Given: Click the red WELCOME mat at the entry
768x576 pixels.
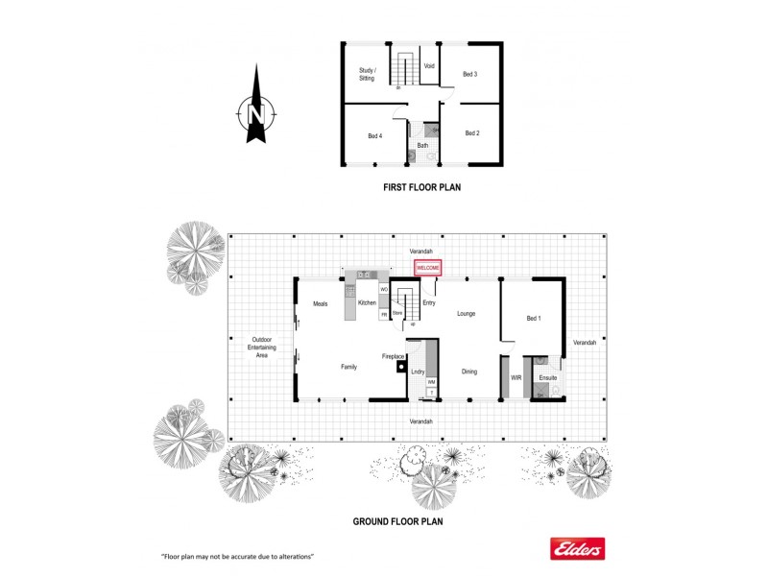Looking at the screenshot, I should (427, 268).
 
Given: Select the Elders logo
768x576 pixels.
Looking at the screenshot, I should (576, 547).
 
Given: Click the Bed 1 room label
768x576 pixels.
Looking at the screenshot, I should (534, 318).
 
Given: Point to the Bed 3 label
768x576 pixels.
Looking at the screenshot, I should (470, 74).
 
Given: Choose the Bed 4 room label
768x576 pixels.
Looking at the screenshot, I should (375, 136).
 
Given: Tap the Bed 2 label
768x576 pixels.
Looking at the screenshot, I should (471, 133).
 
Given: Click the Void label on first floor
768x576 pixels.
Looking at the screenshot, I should (429, 66).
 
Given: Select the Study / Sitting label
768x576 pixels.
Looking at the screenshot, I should (367, 74).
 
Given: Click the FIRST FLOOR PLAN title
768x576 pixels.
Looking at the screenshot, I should (422, 188).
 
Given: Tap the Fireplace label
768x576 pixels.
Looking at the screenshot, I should (394, 356).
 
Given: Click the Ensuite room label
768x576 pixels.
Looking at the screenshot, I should (548, 378).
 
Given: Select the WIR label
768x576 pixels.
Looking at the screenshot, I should (516, 378).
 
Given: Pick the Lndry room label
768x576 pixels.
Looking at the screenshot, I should (418, 371).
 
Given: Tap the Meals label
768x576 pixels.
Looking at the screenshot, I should (321, 303).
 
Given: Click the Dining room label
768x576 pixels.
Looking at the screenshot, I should (468, 372).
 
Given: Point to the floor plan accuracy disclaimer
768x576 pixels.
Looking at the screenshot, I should (238, 557).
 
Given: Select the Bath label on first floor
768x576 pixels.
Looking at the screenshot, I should (422, 145).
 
